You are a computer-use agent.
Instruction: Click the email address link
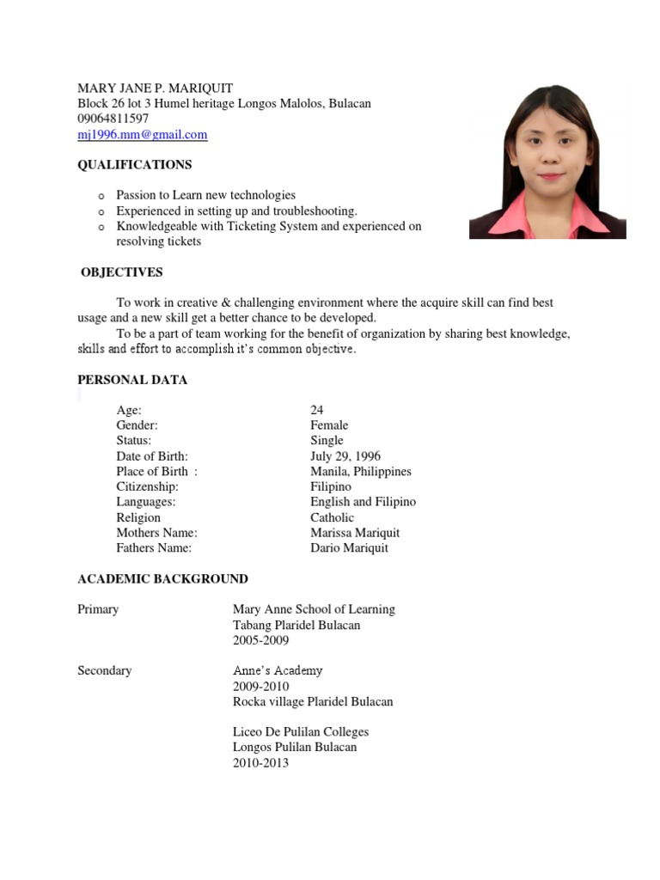click(143, 135)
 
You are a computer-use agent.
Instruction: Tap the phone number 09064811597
click(113, 119)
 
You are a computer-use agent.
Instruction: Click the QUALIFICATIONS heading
click(135, 164)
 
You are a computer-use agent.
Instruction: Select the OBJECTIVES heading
click(122, 272)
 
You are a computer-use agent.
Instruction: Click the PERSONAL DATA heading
click(132, 380)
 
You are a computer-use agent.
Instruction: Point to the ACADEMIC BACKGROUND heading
click(162, 579)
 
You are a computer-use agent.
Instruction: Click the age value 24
click(317, 410)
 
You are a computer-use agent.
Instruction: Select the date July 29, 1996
click(345, 456)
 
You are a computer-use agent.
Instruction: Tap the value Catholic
click(332, 517)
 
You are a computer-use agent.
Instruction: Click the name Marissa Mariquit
click(355, 533)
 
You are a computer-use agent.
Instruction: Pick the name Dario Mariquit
click(349, 548)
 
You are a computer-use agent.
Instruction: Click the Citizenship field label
click(147, 486)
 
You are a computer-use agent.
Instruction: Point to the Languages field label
click(146, 502)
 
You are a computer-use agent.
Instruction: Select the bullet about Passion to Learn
click(205, 195)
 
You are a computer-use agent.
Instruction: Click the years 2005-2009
click(260, 640)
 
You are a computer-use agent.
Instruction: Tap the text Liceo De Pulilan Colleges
click(301, 732)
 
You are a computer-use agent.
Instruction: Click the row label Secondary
click(104, 670)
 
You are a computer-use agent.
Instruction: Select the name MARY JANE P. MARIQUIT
click(155, 89)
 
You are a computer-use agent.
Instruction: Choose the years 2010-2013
click(260, 763)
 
